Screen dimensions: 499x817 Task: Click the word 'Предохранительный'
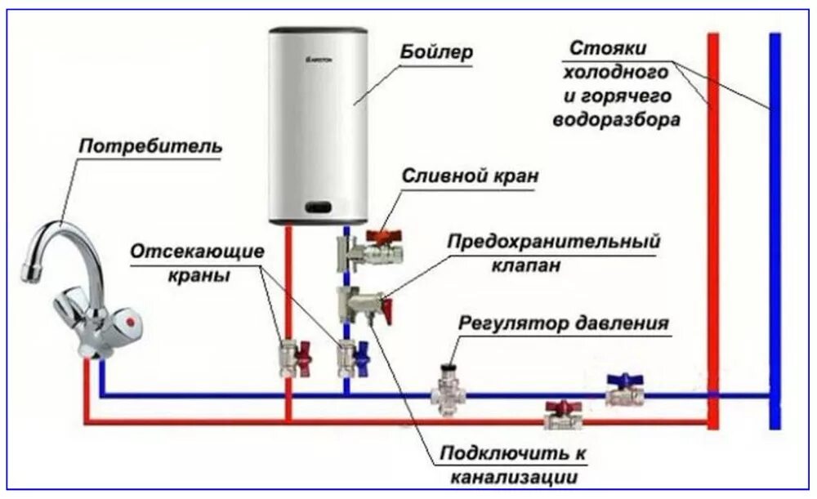[x=552, y=243]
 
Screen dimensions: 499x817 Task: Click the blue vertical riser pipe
[x=774, y=229]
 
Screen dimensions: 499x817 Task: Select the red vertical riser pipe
[x=712, y=229]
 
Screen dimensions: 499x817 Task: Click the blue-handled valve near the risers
[x=625, y=390]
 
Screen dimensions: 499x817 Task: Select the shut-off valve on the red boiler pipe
[x=294, y=358]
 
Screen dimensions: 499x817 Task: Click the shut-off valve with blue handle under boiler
[x=353, y=357]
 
